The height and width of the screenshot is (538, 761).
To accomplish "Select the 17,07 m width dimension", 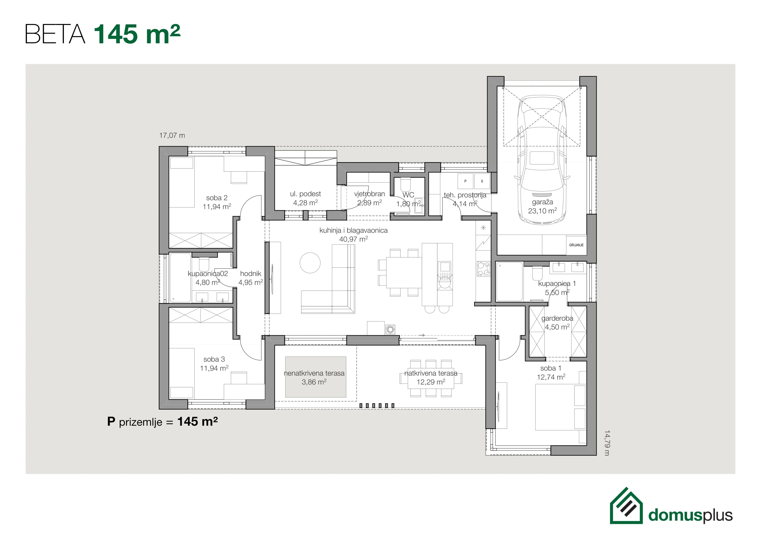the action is point(172,135).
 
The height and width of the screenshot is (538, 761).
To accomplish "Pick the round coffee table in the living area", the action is point(310,263).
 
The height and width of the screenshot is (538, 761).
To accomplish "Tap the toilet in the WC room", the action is point(405,185).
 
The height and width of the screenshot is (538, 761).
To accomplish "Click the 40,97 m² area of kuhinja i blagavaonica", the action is point(353,239).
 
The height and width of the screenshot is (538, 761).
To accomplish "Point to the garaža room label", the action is point(543,202).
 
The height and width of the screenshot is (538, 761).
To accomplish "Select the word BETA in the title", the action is point(55,34).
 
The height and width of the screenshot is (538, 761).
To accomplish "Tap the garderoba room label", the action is point(557,318).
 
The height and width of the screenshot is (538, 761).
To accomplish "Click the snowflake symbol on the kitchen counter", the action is point(483,228).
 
